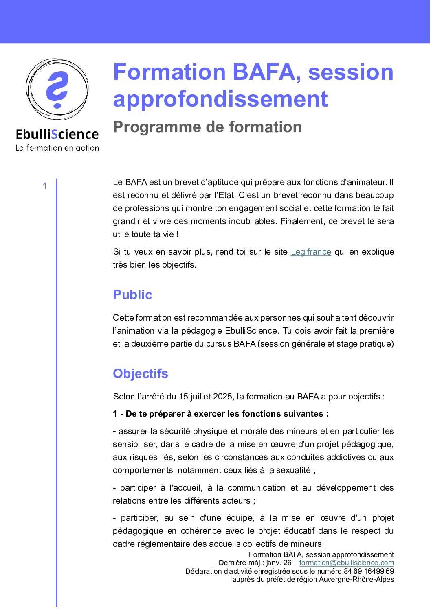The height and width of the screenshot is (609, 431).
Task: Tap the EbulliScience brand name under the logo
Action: [x=57, y=134]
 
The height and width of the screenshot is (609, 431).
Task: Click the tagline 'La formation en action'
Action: [x=57, y=148]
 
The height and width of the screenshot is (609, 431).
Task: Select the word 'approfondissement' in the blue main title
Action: [x=220, y=99]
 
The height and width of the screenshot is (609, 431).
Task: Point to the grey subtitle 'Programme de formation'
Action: [x=207, y=127]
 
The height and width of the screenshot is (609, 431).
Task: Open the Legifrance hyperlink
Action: [x=311, y=252]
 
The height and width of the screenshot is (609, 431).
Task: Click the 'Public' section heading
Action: [x=132, y=295]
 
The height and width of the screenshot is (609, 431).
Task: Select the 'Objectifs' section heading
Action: [x=141, y=373]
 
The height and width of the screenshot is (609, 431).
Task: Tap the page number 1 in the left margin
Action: [x=45, y=186]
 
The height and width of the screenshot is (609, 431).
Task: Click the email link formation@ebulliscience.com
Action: [x=347, y=563]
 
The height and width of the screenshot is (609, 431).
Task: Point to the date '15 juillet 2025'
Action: [x=206, y=397]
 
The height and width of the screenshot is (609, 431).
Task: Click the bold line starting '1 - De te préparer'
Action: [x=221, y=414]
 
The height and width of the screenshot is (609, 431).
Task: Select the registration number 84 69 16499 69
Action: [x=369, y=571]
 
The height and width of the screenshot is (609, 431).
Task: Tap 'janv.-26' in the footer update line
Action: [x=279, y=563]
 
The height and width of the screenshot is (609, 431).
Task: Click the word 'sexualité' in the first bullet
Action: [x=293, y=470]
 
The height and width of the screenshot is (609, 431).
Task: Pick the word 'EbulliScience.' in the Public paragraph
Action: [x=252, y=331]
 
